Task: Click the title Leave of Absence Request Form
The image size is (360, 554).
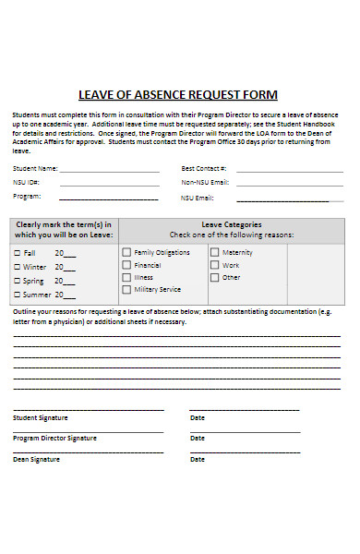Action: tap(178, 95)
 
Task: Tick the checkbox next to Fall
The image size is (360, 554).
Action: tap(17, 253)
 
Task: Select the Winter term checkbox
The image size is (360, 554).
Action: tap(17, 267)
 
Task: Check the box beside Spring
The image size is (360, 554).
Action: tap(17, 281)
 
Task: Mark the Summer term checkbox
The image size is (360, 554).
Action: tap(17, 295)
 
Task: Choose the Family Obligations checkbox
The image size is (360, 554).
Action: tap(126, 251)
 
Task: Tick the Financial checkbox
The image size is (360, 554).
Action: tap(126, 264)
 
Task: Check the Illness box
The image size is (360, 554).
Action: tap(126, 277)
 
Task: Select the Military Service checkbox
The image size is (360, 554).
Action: tap(126, 289)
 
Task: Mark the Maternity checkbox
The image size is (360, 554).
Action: tap(214, 251)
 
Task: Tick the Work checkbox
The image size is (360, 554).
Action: tap(214, 264)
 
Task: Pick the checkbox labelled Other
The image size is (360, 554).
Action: tap(214, 277)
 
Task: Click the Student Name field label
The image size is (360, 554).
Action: tap(35, 169)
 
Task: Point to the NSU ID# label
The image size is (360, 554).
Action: tap(26, 183)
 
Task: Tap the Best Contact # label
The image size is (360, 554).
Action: tap(204, 169)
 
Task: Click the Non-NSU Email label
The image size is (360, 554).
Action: tap(205, 183)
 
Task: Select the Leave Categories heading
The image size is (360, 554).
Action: tap(232, 224)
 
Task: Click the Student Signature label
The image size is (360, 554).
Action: tap(40, 417)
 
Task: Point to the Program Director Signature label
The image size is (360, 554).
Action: tap(54, 438)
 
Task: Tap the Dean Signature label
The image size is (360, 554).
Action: tap(36, 459)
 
